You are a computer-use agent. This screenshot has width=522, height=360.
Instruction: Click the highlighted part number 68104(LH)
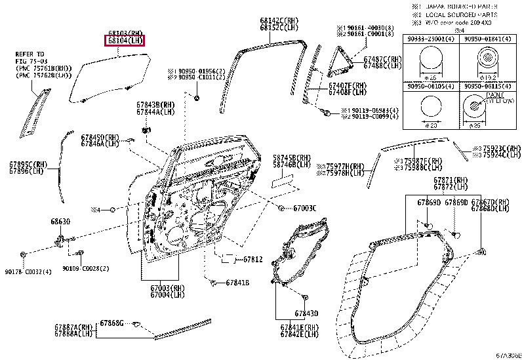(x=125, y=41)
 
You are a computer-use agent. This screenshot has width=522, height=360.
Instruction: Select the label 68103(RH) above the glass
(x=125, y=33)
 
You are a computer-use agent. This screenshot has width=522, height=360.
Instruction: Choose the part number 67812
(x=252, y=260)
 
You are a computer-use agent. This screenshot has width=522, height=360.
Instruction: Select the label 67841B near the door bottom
(x=237, y=283)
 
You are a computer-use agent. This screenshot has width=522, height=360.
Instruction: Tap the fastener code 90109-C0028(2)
(x=86, y=268)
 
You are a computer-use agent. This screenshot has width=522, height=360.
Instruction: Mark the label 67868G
(x=112, y=323)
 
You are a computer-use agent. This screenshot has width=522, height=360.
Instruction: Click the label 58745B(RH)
(x=292, y=158)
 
